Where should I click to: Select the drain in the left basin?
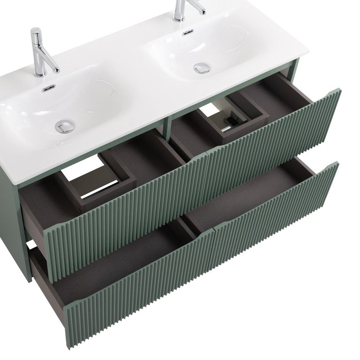(64, 126)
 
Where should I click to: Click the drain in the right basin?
(202, 68)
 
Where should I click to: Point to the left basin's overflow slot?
(49, 88)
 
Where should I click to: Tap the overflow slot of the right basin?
(188, 32)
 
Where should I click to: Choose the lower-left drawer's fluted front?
(135, 288)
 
